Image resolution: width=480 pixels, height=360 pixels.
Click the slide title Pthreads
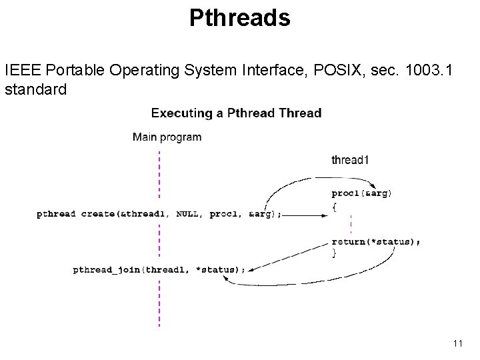[x=239, y=18]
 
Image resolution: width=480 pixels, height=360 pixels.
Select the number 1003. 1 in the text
[x=427, y=69]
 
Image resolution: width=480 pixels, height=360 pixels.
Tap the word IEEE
[x=21, y=69]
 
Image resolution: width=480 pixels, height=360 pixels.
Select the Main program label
[x=167, y=137]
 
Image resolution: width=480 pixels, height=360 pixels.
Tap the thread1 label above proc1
[x=350, y=159]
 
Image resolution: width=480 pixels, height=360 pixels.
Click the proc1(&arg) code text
[x=361, y=193]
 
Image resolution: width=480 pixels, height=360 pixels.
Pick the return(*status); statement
[x=375, y=241]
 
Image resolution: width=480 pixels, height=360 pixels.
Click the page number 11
[x=457, y=343]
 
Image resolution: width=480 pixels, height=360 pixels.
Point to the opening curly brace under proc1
[x=335, y=206]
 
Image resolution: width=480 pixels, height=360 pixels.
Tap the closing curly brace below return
[x=335, y=253]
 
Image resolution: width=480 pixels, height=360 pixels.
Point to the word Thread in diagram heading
[x=300, y=113]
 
